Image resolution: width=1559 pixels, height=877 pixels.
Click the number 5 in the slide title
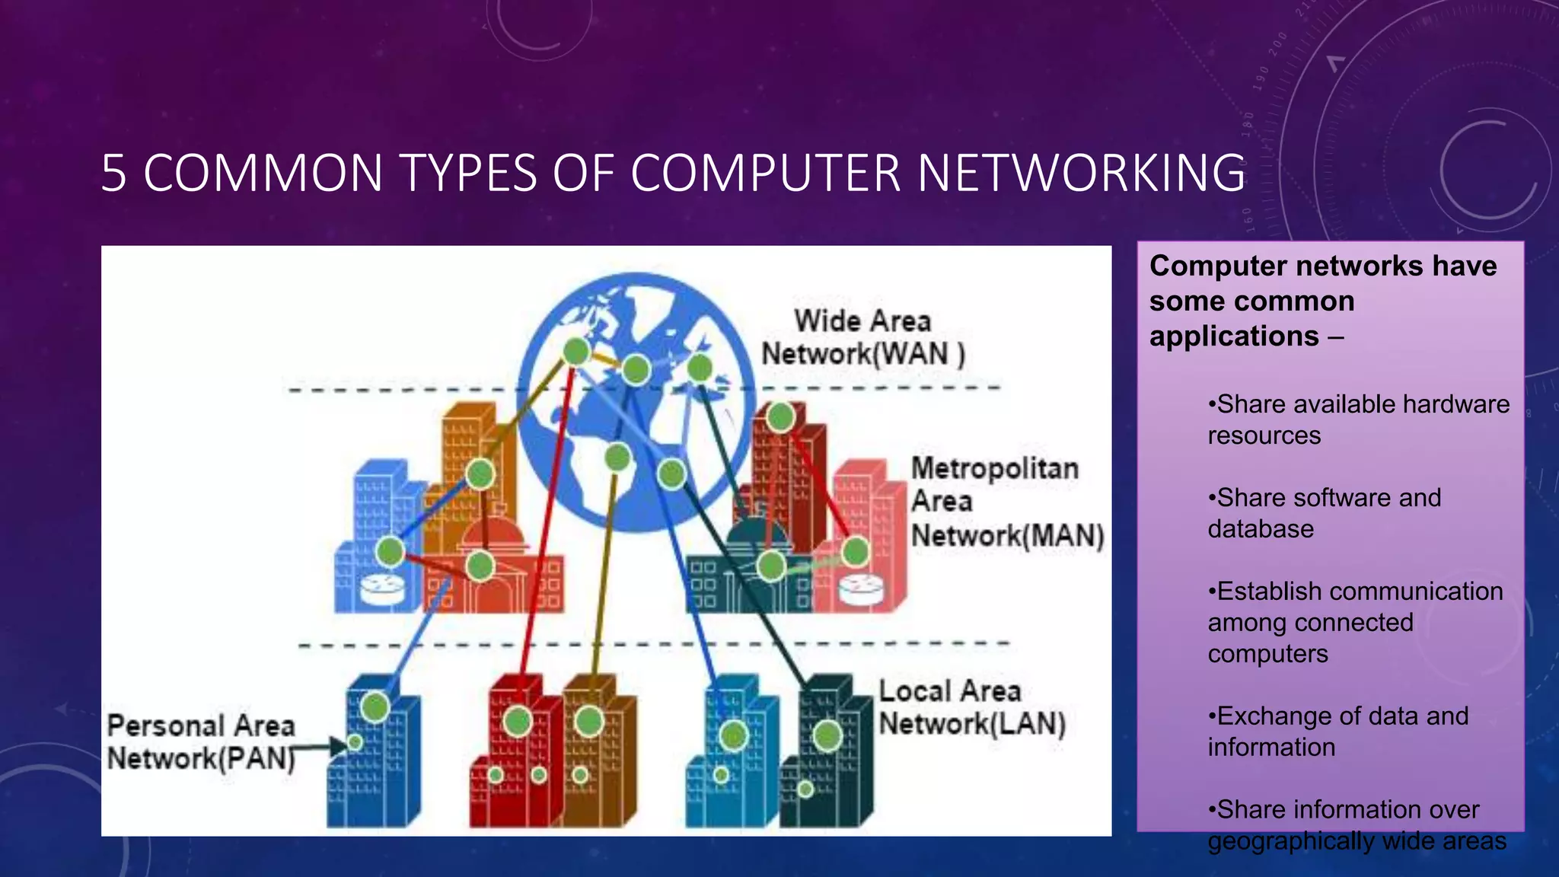[113, 173]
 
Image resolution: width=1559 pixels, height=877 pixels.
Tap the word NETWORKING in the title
[1081, 173]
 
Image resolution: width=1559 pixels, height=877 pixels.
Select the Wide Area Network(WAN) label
[862, 337]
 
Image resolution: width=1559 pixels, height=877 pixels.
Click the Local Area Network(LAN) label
[971, 707]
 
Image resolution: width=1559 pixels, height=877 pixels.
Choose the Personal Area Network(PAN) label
[201, 741]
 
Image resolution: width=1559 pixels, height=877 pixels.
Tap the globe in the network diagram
[636, 401]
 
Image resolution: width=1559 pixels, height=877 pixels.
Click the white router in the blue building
[382, 588]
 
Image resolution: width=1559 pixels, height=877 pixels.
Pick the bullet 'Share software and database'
[1324, 513]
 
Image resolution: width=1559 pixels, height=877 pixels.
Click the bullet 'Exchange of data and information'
[1337, 732]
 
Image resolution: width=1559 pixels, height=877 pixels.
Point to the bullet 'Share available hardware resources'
[1358, 419]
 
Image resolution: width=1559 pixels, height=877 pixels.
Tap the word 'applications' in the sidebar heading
[1233, 336]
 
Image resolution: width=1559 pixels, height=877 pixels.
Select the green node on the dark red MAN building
[780, 417]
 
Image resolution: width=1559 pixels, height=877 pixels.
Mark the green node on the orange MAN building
[480, 474]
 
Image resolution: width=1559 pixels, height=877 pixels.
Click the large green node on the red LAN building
[518, 721]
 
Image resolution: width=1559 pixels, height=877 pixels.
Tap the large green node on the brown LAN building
[589, 721]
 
